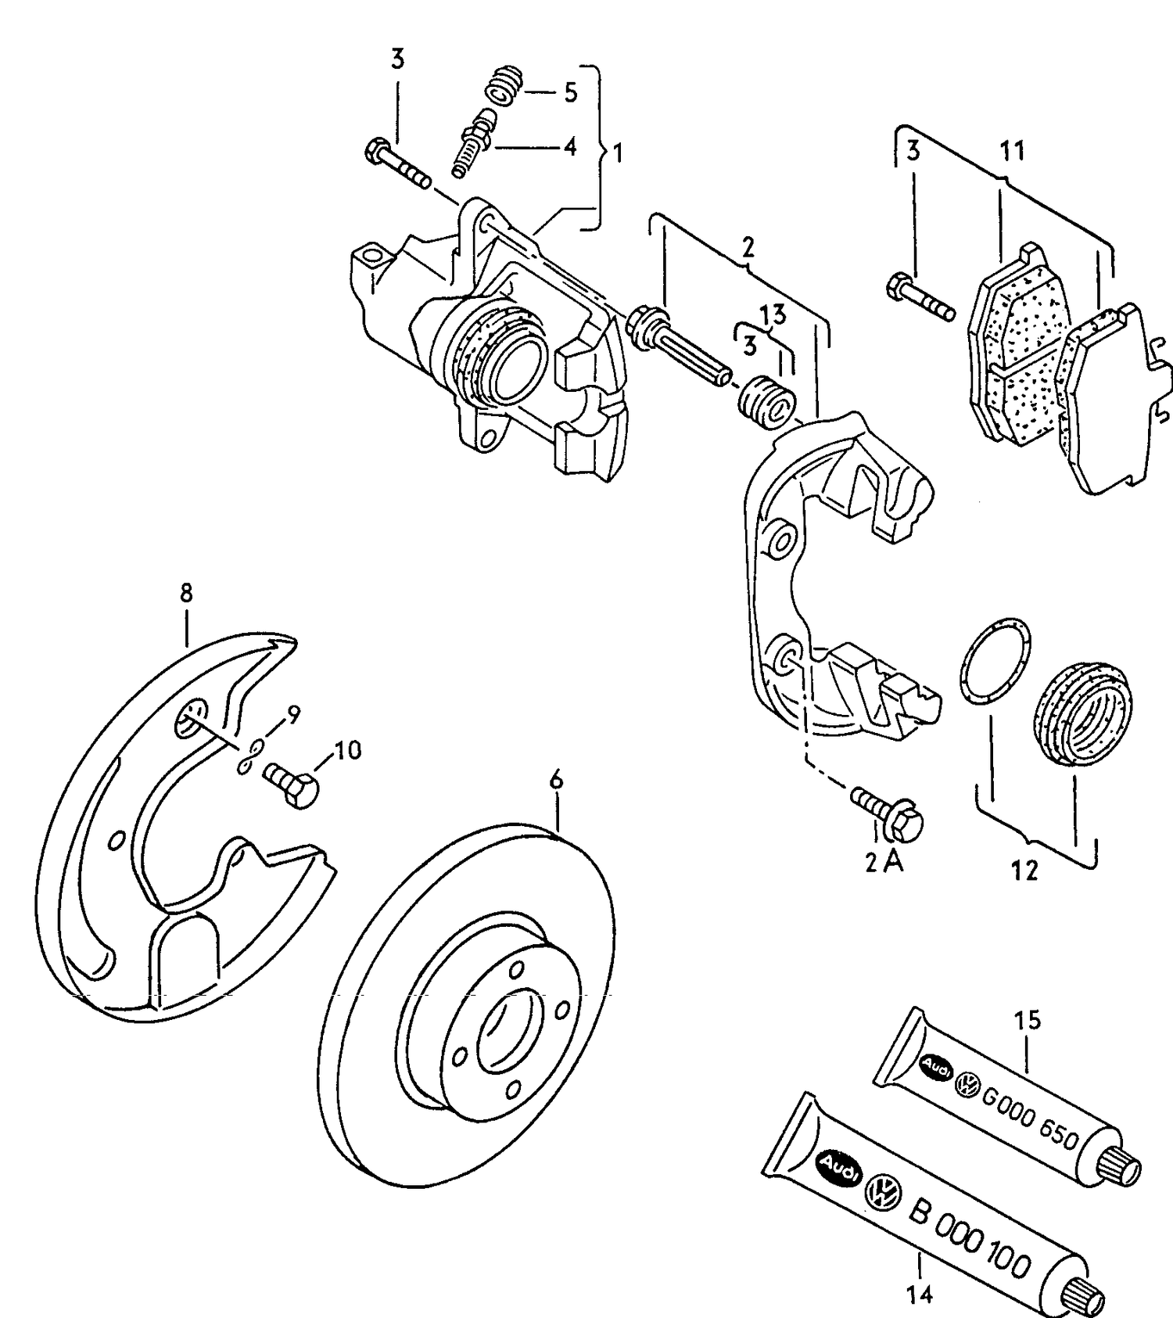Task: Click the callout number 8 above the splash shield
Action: [x=186, y=593]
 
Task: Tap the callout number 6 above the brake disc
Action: [x=556, y=779]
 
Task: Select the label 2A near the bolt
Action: [x=884, y=862]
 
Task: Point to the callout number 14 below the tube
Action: [x=920, y=1295]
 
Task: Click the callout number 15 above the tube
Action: [x=1028, y=1020]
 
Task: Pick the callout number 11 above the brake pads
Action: [x=1012, y=150]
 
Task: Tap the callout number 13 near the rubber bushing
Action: [x=773, y=314]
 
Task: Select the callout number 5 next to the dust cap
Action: [x=570, y=92]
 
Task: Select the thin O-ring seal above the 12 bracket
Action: [x=993, y=661]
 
